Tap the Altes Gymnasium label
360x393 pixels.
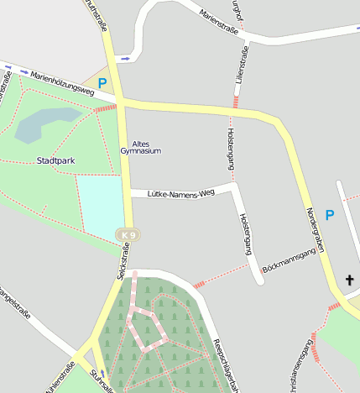141,147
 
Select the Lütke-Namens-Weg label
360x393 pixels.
181,194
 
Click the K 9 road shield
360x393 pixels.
128,234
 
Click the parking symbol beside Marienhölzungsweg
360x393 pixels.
102,83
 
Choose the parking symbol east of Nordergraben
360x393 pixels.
330,215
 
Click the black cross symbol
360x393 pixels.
350,280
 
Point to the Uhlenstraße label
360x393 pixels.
60,378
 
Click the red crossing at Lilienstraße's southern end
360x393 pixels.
236,102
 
